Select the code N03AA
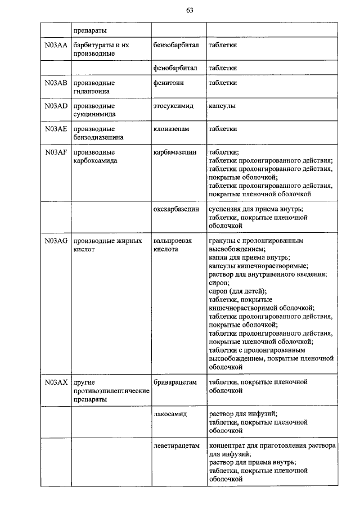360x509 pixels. pos(56,45)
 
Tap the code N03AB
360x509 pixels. pos(56,83)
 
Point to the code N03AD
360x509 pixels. pos(56,106)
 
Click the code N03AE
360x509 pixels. pos(56,129)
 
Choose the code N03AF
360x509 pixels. pos(56,152)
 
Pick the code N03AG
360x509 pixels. pos(56,240)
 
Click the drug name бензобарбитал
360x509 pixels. pos(175,45)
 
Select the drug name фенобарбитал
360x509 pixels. pos(175,68)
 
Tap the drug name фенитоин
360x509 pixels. pos(169,83)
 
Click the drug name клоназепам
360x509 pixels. pos(171,129)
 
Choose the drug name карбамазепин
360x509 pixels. pos(175,152)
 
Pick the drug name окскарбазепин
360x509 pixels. pos(176,209)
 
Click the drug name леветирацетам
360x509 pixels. pos(176,445)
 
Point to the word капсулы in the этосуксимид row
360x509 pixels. pos(222,106)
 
